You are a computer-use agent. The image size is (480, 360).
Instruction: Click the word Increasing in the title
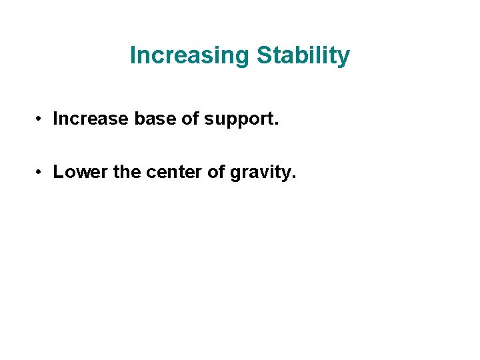coord(189,55)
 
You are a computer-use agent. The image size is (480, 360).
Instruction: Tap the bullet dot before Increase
coord(41,119)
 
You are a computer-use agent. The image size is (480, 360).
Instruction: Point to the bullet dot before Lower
coord(41,172)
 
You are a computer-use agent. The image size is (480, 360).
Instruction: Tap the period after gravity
coord(293,177)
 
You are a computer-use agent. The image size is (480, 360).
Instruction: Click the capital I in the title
coord(133,55)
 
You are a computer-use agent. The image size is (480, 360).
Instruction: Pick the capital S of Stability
coord(262,55)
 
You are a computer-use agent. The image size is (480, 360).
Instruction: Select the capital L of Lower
coord(58,172)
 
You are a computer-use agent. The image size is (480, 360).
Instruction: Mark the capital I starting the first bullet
coord(55,119)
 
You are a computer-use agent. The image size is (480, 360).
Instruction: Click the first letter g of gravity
coord(235,173)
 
